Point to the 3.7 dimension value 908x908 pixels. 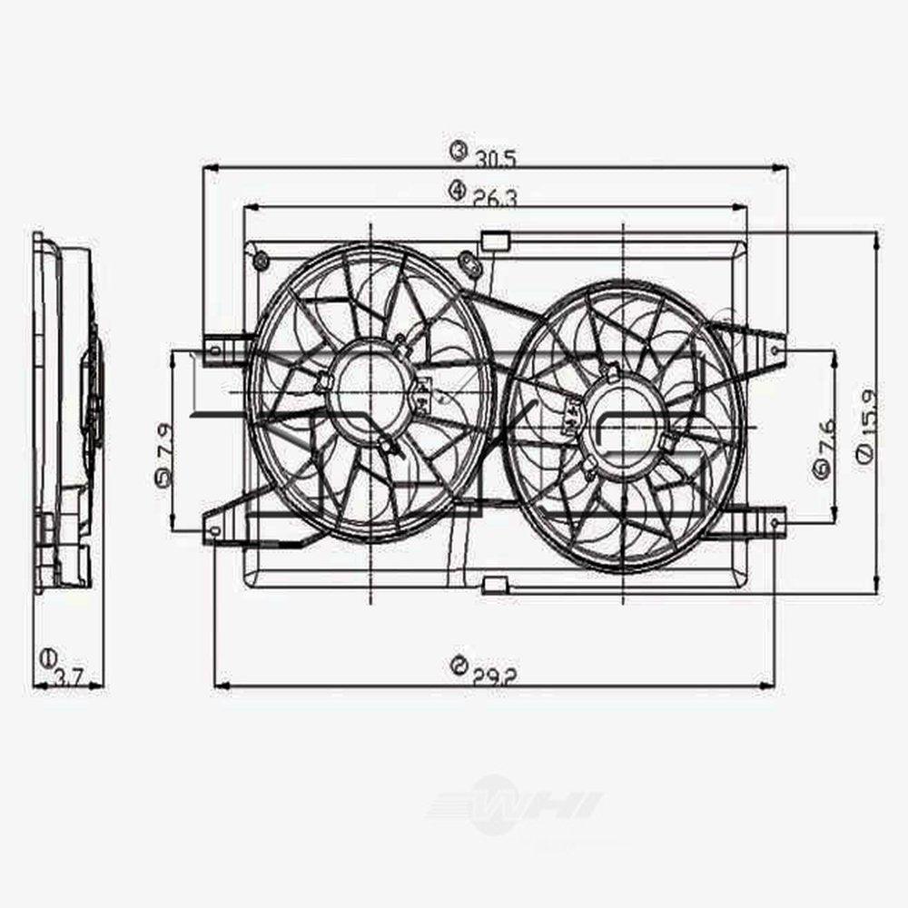69,676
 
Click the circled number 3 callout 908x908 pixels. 459,150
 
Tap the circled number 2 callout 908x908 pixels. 459,667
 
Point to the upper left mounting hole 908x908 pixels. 214,349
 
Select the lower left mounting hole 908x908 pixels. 214,529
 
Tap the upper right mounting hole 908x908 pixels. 775,349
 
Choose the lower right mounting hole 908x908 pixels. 775,523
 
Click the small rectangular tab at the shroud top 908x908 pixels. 495,241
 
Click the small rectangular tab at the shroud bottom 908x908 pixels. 495,584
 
